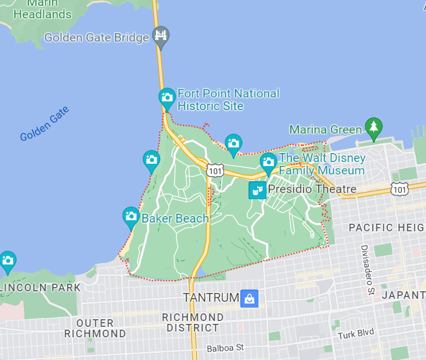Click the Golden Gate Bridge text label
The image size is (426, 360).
coord(97,38)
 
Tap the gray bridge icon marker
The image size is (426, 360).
coord(161,36)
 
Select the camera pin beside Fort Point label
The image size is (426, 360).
coord(167,98)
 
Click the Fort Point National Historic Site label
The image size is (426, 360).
coord(228,100)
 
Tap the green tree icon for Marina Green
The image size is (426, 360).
coord(374,126)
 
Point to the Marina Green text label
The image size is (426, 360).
coord(326,129)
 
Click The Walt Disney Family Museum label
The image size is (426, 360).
coord(322,164)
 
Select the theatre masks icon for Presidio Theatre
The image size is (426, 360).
coord(257,189)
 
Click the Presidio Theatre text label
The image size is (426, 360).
coord(311,189)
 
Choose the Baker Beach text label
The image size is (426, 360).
coord(175,218)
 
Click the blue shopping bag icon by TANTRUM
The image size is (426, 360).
coord(249,298)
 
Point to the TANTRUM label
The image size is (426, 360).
coord(211,298)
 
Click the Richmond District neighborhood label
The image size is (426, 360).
coord(193,323)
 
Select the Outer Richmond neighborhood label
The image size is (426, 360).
coord(95,329)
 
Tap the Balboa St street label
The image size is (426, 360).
coord(225,348)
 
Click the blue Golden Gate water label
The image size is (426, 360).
coord(44,124)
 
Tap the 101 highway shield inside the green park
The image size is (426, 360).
coord(215,170)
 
